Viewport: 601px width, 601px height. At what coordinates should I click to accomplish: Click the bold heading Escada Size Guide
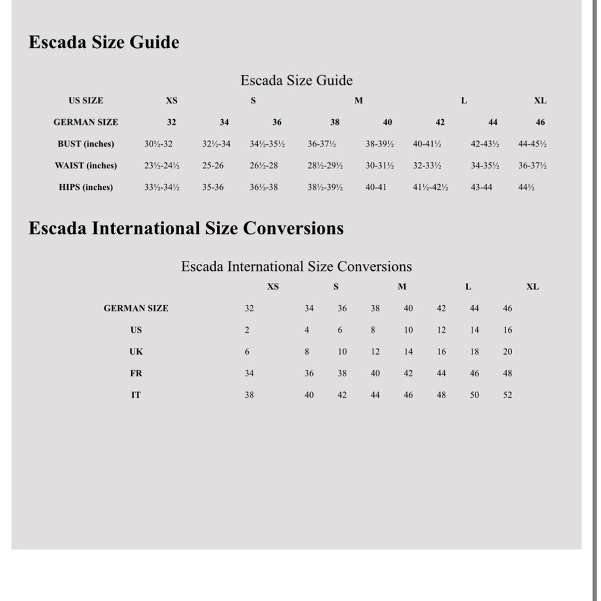[x=104, y=43]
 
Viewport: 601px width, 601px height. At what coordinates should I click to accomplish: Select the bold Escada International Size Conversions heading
[x=186, y=228]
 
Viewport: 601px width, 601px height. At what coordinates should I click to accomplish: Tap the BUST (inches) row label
[x=86, y=144]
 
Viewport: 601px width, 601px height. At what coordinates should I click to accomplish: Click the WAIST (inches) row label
[x=86, y=165]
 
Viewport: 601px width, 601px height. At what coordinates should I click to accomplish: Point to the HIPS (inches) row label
[x=86, y=187]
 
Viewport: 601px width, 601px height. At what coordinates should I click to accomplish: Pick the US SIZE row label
[x=86, y=100]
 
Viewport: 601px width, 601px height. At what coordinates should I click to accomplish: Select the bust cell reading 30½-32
[x=159, y=144]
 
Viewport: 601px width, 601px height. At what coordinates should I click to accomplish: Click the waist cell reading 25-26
[x=213, y=165]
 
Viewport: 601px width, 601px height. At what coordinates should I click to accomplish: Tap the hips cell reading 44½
[x=526, y=187]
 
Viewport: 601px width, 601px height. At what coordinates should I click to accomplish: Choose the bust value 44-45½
[x=532, y=144]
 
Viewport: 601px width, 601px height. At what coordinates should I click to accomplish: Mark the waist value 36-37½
[x=532, y=165]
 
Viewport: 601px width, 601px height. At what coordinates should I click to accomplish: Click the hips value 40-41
[x=376, y=187]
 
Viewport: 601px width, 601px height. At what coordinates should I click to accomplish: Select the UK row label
[x=136, y=352]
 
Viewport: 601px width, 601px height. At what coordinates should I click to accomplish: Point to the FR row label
[x=136, y=373]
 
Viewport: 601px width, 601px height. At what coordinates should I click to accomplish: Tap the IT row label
[x=136, y=395]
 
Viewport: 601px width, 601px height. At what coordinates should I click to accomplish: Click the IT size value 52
[x=508, y=395]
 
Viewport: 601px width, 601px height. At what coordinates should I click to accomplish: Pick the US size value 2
[x=247, y=330]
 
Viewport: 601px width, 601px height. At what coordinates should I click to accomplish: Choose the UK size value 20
[x=508, y=352]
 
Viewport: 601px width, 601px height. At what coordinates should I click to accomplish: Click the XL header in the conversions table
[x=532, y=287]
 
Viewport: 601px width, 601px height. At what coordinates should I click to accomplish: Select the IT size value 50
[x=475, y=395]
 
